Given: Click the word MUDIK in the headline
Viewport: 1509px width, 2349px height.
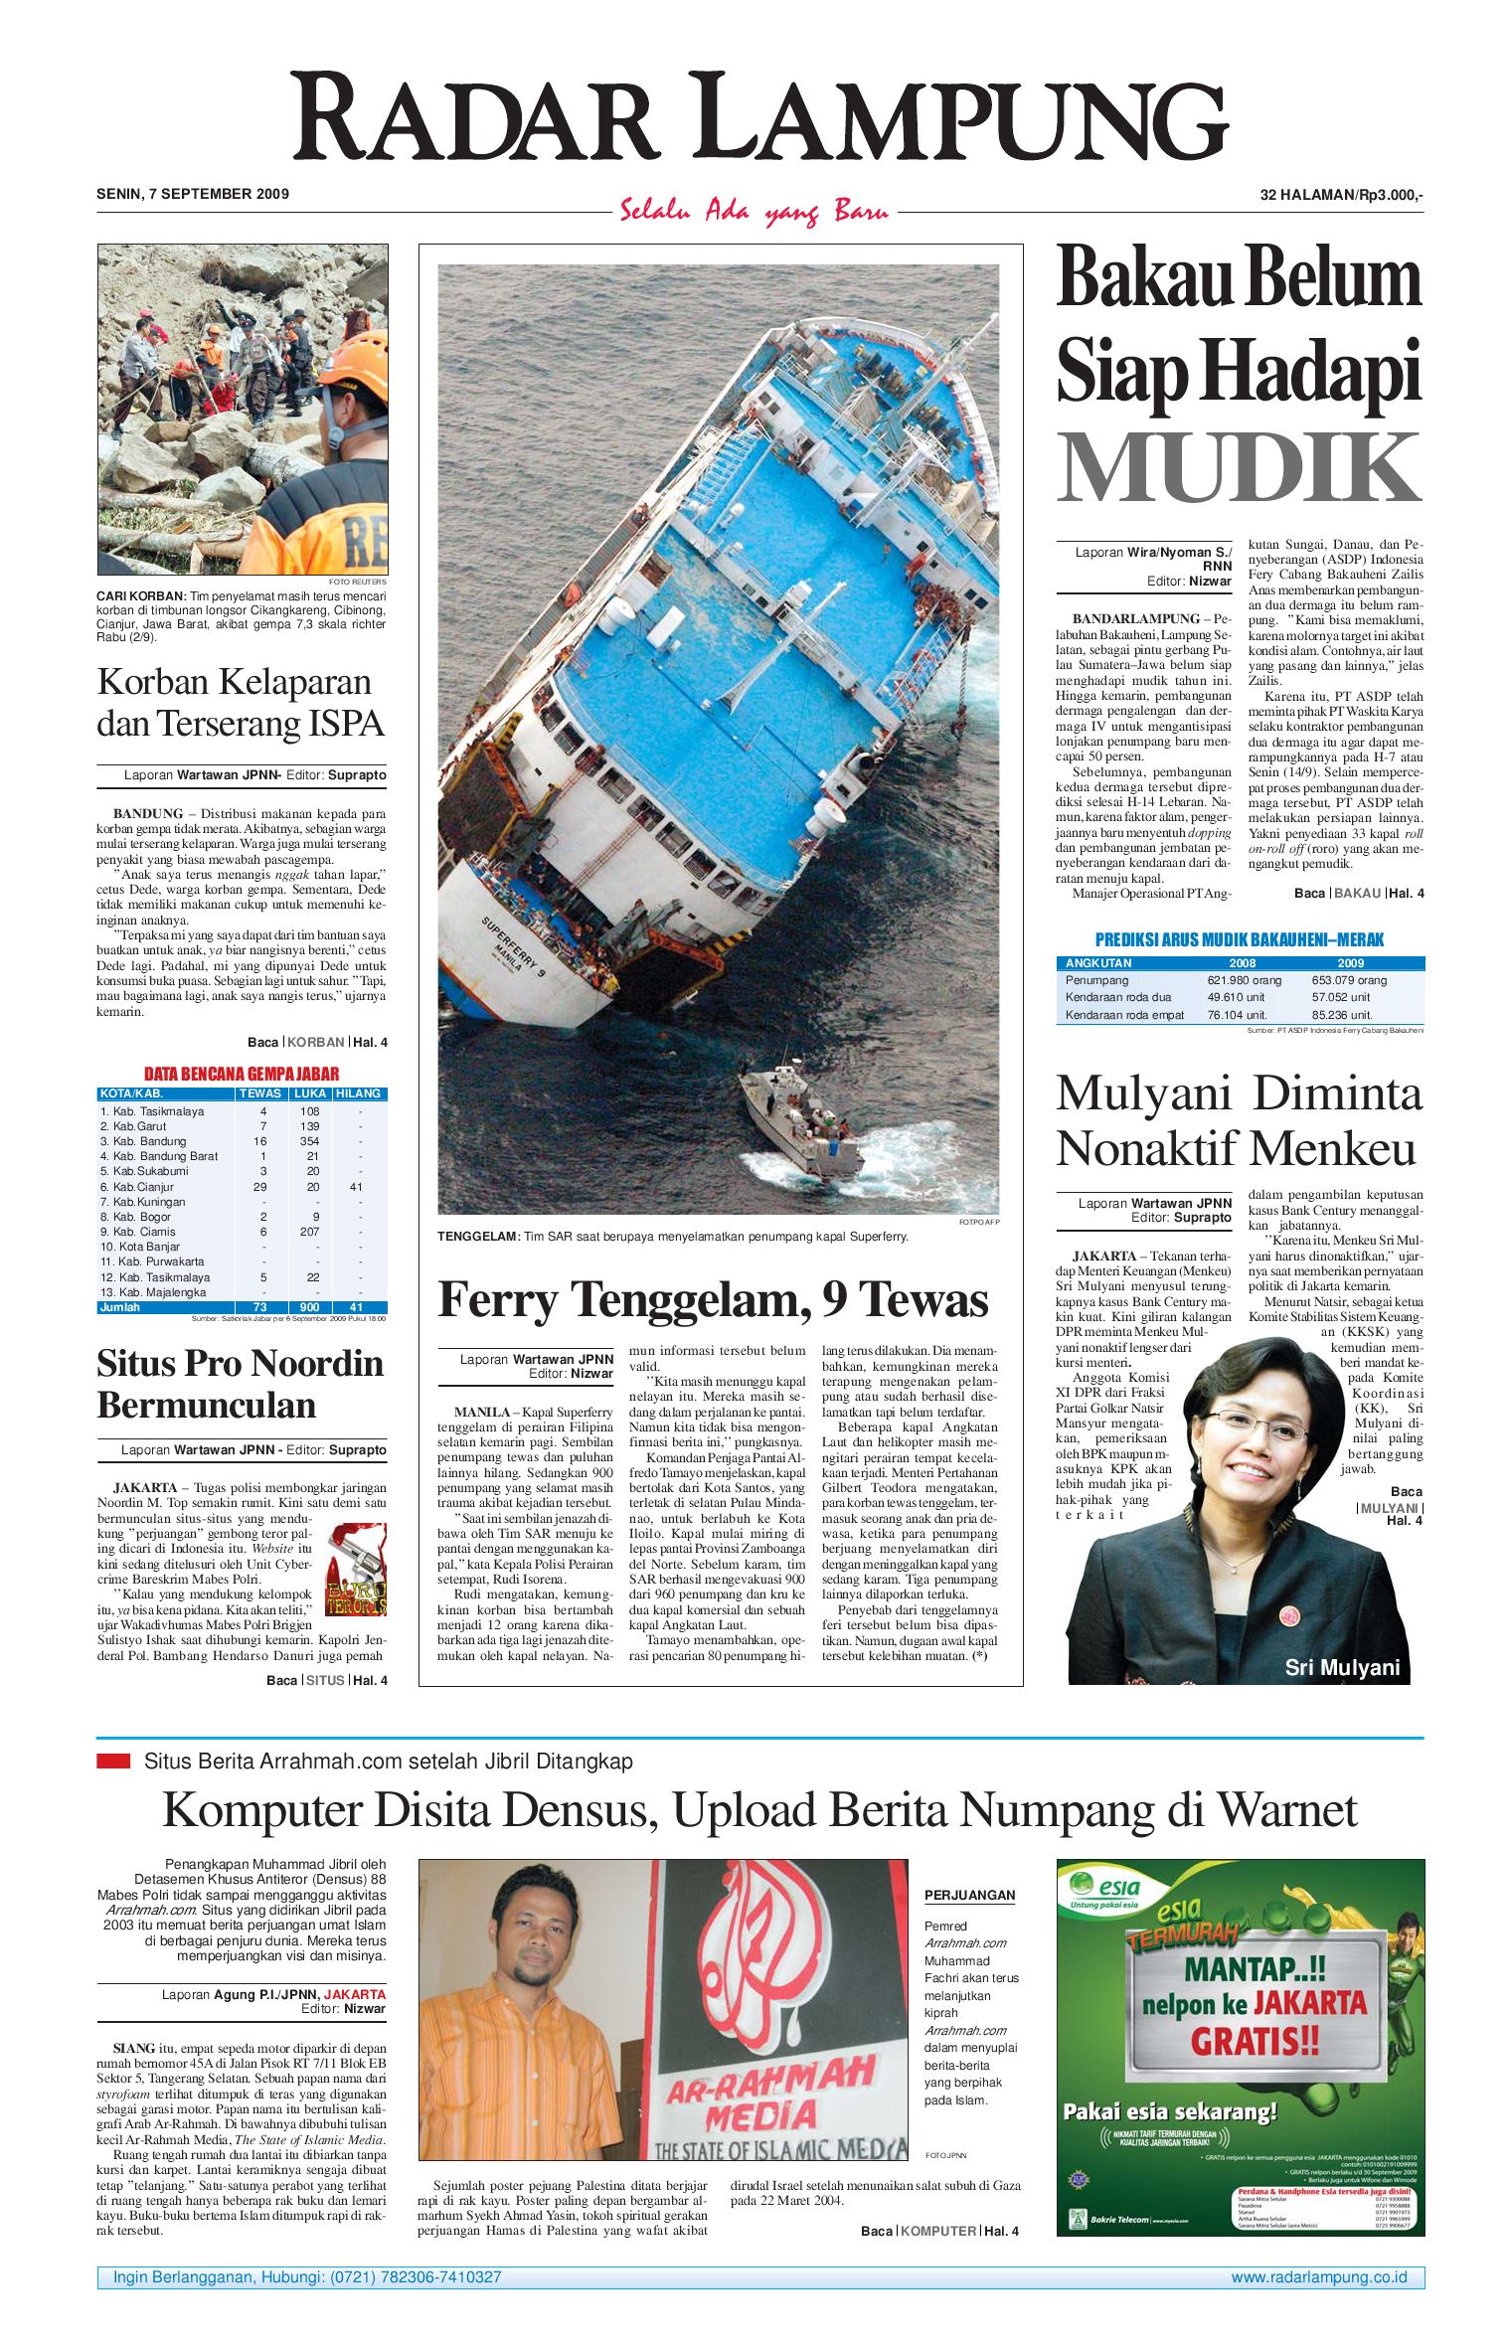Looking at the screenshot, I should click(x=1238, y=468).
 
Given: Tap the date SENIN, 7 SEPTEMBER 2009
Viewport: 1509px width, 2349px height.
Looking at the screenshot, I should click(x=193, y=194).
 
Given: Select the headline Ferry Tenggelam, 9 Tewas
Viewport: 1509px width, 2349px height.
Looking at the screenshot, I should click(x=713, y=1298).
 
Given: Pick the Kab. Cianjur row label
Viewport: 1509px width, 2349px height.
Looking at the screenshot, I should click(x=137, y=1187).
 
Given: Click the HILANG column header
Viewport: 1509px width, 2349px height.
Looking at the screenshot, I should click(x=358, y=1093).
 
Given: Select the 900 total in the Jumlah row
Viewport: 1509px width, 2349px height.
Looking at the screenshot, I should click(x=310, y=1307).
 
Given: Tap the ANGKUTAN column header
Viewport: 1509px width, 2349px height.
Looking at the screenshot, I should click(x=1098, y=963).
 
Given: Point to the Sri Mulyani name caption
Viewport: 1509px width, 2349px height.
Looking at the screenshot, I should click(x=1341, y=1667).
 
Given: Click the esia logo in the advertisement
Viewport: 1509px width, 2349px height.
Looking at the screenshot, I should click(x=1106, y=1886).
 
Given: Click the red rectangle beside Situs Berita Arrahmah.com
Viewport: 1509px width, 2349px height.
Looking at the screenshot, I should click(x=113, y=1762).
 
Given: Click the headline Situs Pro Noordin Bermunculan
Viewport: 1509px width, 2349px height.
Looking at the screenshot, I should click(x=241, y=1384).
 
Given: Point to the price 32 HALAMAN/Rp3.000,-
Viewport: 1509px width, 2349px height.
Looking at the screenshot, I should click(x=1341, y=195).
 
